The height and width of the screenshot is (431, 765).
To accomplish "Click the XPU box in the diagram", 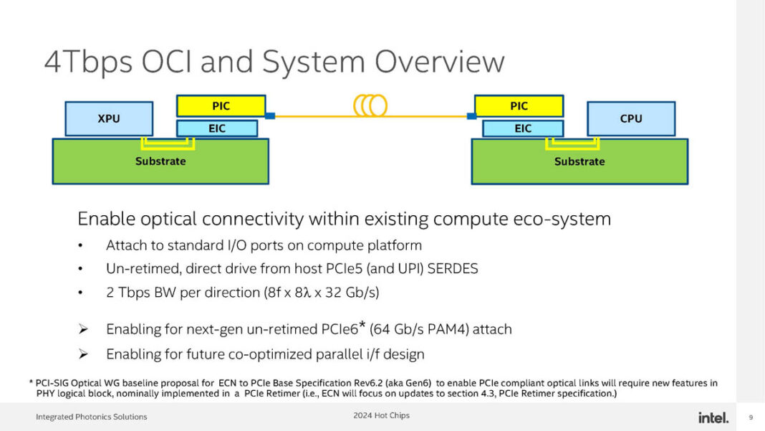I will click(x=109, y=119).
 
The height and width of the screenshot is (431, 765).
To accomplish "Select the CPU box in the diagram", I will click(x=631, y=119).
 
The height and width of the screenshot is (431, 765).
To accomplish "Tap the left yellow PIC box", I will click(x=221, y=106).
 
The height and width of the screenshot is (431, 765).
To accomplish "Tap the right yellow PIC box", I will click(x=519, y=106).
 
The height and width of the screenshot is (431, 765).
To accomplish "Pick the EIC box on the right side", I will click(x=523, y=128).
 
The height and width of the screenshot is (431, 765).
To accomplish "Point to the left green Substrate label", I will click(x=160, y=161).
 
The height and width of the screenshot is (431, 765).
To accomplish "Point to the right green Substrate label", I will click(x=579, y=161).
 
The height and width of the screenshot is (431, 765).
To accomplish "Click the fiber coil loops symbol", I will click(x=370, y=106).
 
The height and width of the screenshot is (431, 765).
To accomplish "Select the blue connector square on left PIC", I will click(x=270, y=115).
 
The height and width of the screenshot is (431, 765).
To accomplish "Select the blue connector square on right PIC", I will click(x=471, y=115).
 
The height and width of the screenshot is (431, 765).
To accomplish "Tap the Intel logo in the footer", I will click(x=713, y=417).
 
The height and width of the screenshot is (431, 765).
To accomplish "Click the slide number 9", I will click(x=751, y=417).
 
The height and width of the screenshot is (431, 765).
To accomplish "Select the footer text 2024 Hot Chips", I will click(x=381, y=416).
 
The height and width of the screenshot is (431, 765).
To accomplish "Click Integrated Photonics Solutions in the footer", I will click(x=91, y=417).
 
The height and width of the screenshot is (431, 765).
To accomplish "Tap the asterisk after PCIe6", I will click(x=362, y=326).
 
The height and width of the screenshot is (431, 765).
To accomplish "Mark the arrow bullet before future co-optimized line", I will click(x=83, y=354).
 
